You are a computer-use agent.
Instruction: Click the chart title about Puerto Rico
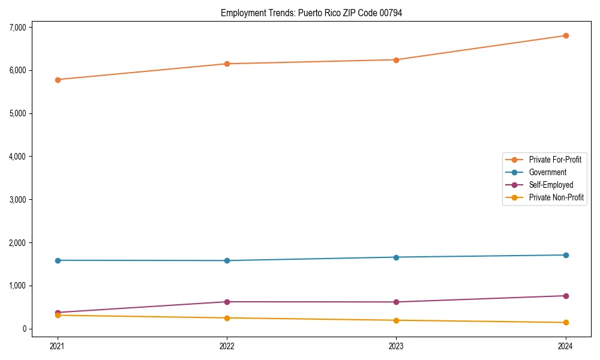(311, 13)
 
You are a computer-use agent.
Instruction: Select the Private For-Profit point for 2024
(565, 35)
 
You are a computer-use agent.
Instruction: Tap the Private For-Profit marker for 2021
(58, 79)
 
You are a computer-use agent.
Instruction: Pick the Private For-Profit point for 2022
(227, 64)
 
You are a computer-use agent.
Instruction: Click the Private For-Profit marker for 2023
(396, 60)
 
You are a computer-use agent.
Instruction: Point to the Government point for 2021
(58, 260)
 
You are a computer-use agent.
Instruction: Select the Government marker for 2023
(396, 257)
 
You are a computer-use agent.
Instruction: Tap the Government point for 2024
(565, 255)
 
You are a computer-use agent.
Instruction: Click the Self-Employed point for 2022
(227, 302)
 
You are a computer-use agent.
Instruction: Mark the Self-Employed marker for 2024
(565, 296)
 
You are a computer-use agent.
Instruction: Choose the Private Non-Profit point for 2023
(396, 320)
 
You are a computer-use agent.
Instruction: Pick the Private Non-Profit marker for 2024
(565, 323)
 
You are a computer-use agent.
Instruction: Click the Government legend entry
(547, 172)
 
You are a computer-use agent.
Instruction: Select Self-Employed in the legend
(551, 185)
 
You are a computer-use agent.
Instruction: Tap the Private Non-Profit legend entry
(556, 197)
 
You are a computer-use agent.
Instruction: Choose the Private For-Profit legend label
(555, 160)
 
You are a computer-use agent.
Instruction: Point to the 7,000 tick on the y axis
(18, 27)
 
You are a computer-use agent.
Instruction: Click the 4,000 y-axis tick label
(18, 157)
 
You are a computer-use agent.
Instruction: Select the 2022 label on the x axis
(227, 346)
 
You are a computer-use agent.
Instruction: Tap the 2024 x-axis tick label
(565, 346)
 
